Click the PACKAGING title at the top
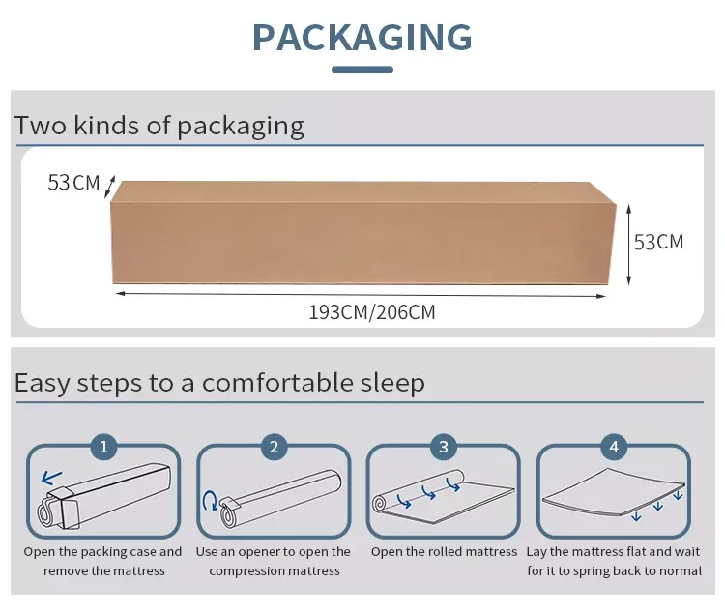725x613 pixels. click(362, 37)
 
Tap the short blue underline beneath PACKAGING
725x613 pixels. click(362, 70)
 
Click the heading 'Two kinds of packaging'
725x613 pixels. click(159, 126)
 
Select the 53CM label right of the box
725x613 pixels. click(658, 242)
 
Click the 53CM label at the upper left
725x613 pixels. click(73, 182)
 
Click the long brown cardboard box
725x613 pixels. click(362, 237)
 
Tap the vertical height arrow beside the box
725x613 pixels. click(629, 244)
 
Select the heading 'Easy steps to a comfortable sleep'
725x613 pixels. click(219, 383)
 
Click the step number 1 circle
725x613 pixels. click(103, 447)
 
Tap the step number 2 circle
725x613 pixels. click(274, 447)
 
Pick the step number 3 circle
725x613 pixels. click(444, 447)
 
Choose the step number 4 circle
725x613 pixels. click(614, 447)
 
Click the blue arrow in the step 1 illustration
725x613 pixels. click(52, 477)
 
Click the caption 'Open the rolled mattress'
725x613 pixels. click(444, 552)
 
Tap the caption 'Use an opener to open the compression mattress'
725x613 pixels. click(274, 561)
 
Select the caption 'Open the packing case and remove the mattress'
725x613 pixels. click(103, 561)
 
